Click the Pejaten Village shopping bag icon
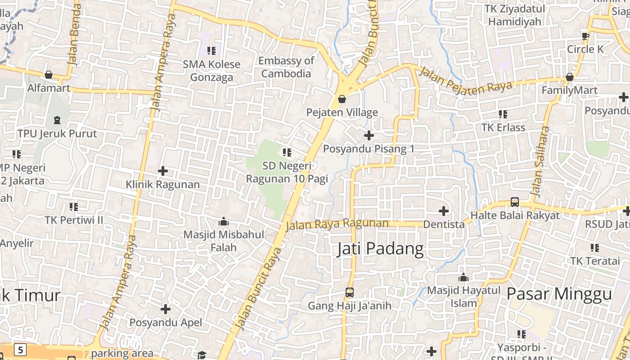342,99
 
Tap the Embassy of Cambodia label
286,67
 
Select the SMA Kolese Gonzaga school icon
211,51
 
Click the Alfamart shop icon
49,75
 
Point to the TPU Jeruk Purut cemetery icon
57,120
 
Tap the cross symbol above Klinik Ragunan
163,171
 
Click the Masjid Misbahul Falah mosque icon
223,221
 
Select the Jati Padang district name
380,249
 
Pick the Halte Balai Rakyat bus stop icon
515,202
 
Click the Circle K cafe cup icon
585,36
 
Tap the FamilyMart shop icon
569,77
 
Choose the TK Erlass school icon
503,114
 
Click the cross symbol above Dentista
444,211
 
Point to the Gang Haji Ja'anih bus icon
349,292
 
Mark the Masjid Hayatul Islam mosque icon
463,277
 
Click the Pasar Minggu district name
559,294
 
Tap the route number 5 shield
20,349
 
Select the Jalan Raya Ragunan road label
337,224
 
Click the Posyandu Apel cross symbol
166,309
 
